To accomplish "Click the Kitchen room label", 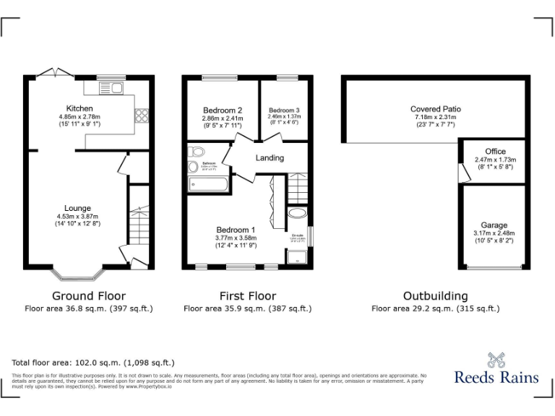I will [79, 108].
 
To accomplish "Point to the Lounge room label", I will [77, 209].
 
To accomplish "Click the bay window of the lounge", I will [77, 274].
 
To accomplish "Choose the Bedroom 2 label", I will [222, 110].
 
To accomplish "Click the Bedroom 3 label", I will [283, 110].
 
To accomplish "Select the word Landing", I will [270, 157].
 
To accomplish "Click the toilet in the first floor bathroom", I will [197, 152].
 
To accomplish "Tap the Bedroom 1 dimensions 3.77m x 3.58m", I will [236, 238].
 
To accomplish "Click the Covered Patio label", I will [436, 109].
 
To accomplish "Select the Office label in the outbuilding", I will [495, 151].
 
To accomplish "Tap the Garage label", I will [494, 225].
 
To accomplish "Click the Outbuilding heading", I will [435, 296].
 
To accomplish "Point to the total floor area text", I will [93, 362].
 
